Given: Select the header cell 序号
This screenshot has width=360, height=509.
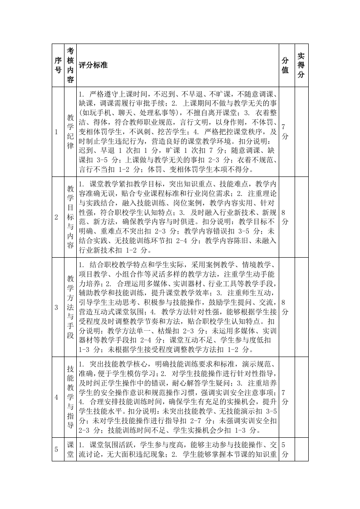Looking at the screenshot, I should [58, 65].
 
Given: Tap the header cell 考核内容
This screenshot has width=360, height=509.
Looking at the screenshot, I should [70, 65].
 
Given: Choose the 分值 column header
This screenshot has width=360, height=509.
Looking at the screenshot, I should [285, 65].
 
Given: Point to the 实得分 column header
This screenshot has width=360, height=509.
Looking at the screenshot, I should [301, 65].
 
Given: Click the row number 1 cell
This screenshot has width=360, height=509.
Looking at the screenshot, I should [56, 132].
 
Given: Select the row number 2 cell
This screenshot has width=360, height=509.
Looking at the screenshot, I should [56, 217].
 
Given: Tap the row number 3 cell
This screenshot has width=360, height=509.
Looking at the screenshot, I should [56, 307].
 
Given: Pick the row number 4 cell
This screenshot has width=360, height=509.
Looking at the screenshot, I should [56, 397].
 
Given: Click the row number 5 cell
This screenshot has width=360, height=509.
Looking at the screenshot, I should [56, 449].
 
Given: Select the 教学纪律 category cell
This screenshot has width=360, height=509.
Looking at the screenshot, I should [70, 132].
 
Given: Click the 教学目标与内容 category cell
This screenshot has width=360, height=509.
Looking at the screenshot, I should [70, 217].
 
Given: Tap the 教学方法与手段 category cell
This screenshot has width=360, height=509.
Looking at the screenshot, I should [70, 307].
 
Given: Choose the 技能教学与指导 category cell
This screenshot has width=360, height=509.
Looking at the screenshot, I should [70, 397].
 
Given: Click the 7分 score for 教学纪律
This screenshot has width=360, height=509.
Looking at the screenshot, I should [285, 132].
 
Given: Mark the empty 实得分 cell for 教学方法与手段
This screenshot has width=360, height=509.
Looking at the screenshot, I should [301, 307].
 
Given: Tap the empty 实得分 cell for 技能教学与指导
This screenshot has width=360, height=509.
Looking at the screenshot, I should [301, 397].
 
